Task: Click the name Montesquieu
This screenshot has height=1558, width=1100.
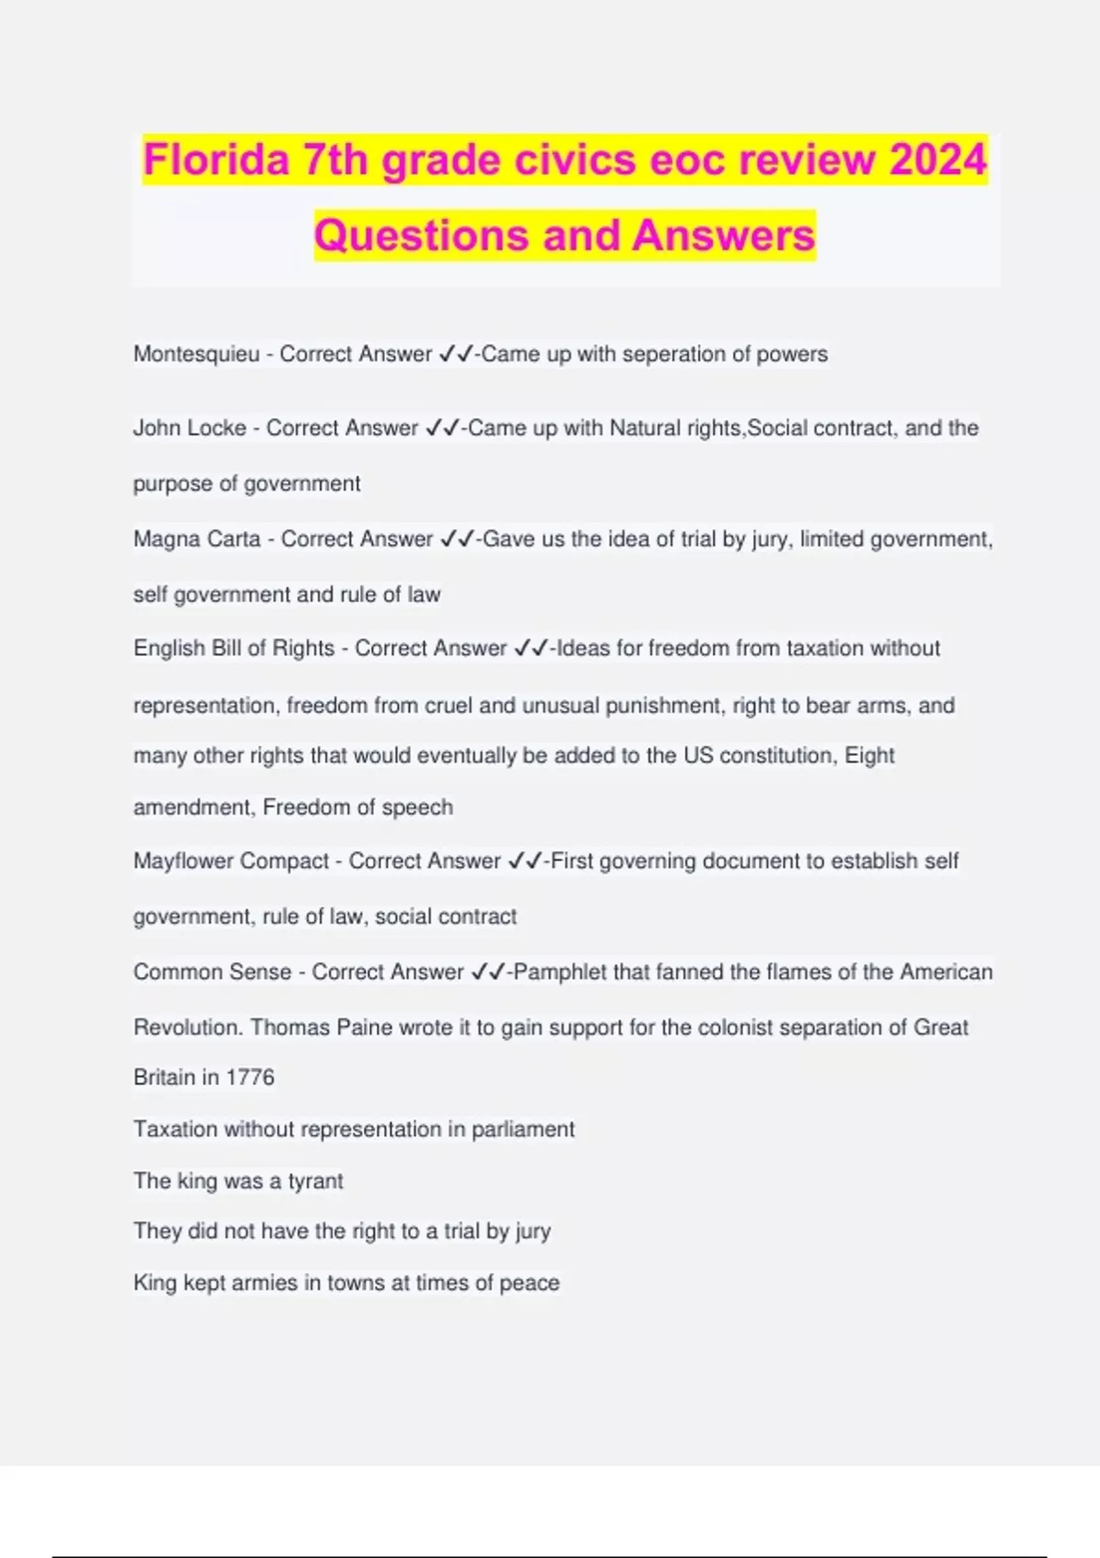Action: pyautogui.click(x=196, y=355)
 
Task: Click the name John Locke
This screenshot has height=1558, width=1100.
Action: pyautogui.click(x=190, y=428)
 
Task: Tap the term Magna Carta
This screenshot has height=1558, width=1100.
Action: pyautogui.click(x=197, y=539)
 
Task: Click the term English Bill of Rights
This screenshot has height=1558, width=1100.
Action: pyautogui.click(x=234, y=649)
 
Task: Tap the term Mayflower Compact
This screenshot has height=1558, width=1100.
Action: pyautogui.click(x=231, y=861)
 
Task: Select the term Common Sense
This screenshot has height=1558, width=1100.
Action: pyautogui.click(x=212, y=972)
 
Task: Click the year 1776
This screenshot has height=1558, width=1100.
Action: pyautogui.click(x=250, y=1078)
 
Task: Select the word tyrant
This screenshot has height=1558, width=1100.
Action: pyautogui.click(x=315, y=1181)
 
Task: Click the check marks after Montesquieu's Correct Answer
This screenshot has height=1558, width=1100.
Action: pyautogui.click(x=456, y=355)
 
